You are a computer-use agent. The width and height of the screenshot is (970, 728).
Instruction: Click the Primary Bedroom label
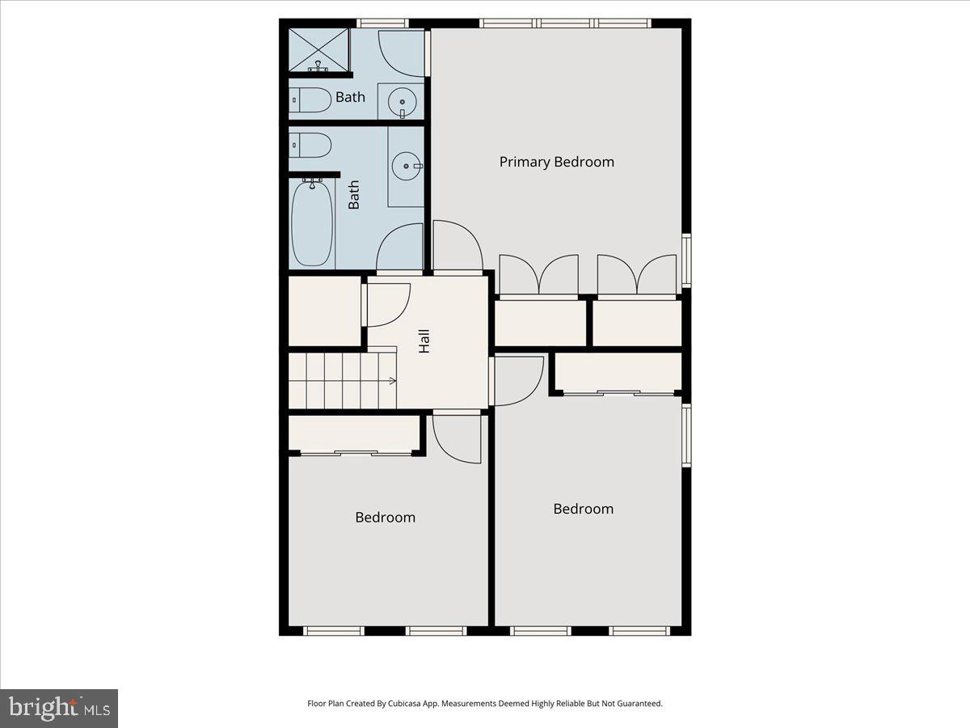click(x=556, y=162)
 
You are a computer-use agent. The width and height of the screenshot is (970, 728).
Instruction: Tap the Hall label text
click(x=424, y=341)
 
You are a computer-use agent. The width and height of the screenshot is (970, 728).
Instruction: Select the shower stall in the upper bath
click(x=318, y=50)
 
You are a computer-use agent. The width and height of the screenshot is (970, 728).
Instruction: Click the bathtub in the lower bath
click(x=312, y=223)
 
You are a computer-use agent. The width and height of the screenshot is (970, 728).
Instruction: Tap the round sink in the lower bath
click(x=405, y=167)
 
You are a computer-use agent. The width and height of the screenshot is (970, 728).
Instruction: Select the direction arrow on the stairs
click(x=391, y=380)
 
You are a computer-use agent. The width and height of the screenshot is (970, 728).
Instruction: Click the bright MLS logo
click(x=59, y=708)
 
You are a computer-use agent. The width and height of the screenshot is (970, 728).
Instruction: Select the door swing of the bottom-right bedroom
click(x=517, y=380)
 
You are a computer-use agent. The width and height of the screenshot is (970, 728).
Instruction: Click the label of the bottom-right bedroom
click(x=583, y=509)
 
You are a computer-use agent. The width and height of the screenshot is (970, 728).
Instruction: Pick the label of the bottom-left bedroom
click(x=385, y=518)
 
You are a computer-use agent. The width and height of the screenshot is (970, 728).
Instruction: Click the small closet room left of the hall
click(x=324, y=311)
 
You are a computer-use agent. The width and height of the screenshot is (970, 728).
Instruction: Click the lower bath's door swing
click(x=400, y=248)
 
